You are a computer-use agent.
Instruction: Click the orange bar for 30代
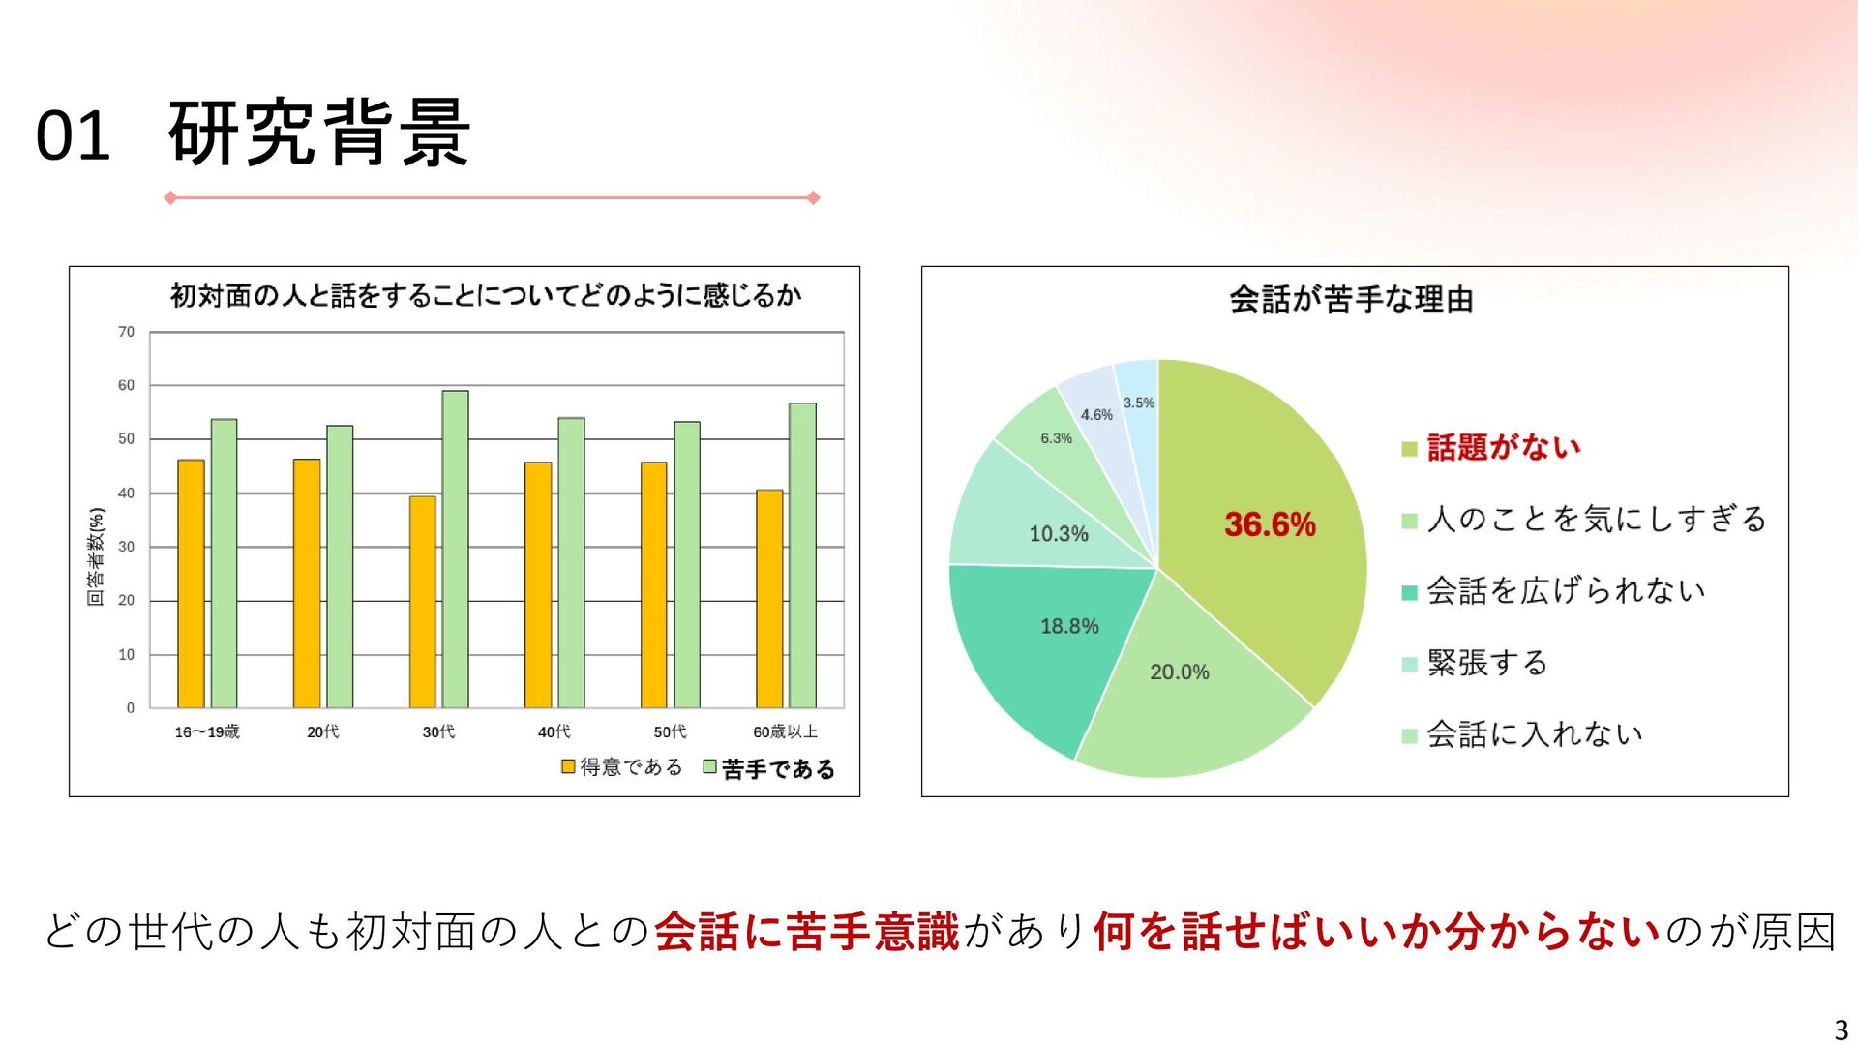422,602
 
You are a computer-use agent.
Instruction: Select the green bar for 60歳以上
802,555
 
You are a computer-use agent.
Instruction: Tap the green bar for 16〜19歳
224,563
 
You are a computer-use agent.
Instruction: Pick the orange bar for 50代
653,584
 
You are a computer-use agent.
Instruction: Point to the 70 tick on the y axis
127,332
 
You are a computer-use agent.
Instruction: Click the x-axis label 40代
554,732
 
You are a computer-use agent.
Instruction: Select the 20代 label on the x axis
323,732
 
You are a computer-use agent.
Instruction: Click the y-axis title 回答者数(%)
96,556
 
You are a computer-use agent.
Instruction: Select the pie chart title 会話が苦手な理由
1351,299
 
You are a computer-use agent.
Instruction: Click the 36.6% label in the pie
1270,524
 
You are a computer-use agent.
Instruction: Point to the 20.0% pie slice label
1180,672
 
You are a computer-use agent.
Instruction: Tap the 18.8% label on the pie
1069,627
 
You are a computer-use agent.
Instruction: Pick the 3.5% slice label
1139,403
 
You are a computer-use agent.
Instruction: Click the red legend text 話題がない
1504,447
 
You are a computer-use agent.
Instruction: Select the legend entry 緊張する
1487,663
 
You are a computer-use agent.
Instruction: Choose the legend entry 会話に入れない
1535,734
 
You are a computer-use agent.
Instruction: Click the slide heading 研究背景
319,134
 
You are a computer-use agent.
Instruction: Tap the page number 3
1841,1030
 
